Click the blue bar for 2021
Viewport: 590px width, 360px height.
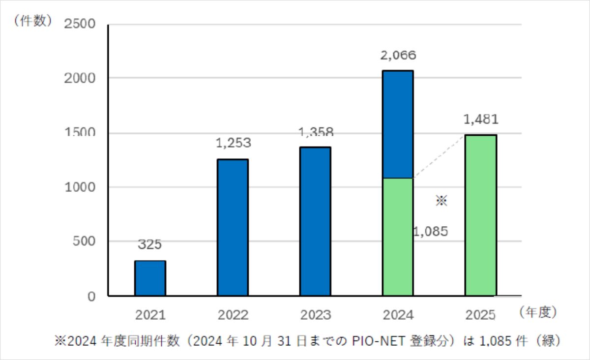[150, 278]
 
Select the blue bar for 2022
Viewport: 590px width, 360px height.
[233, 228]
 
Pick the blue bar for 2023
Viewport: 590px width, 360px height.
[315, 221]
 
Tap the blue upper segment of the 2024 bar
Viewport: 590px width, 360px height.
[398, 124]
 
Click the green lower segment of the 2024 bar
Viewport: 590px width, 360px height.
[398, 237]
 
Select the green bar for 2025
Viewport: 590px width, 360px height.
[480, 215]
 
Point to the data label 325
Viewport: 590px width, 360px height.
[150, 244]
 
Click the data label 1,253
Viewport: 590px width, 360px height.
[233, 143]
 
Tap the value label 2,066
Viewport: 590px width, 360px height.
[398, 55]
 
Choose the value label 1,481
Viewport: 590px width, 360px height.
[480, 119]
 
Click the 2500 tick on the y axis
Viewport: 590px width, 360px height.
[80, 24]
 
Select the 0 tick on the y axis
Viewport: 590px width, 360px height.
[91, 296]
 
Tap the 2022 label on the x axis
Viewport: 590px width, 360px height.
[233, 315]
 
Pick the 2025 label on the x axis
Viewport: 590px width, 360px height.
[480, 315]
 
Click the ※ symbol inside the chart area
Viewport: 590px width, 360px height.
[441, 201]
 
